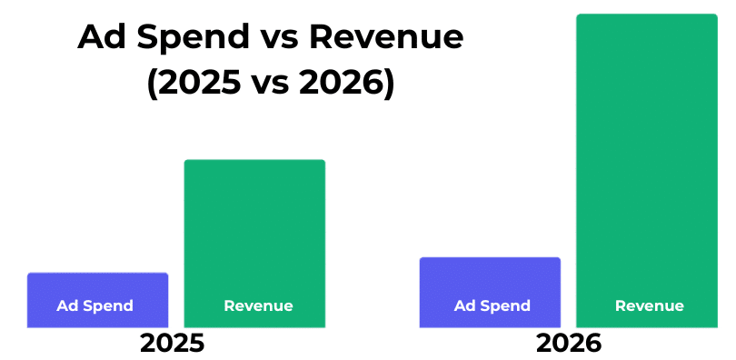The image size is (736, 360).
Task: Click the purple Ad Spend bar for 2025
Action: [97, 300]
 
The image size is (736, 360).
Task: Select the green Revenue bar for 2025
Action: [254, 244]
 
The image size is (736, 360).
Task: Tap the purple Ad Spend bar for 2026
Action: [490, 293]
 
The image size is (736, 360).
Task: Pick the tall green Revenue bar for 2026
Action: [647, 171]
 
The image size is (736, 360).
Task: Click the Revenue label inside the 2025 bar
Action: [259, 306]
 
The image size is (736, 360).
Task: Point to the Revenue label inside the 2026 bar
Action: [650, 306]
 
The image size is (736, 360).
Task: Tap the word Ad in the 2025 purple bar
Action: [66, 306]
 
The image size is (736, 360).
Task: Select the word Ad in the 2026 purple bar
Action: [463, 306]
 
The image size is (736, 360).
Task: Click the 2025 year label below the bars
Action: [173, 344]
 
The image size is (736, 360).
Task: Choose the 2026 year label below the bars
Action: [569, 344]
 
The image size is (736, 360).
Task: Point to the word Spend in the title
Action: [194, 39]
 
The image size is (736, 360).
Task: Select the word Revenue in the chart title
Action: [386, 37]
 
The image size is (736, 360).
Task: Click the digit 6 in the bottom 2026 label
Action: [593, 344]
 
